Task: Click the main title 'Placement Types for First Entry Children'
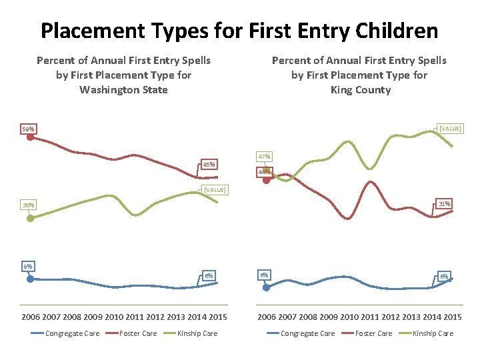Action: pyautogui.click(x=239, y=31)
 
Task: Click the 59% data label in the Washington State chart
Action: pyautogui.click(x=28, y=129)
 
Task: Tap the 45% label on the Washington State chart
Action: pyautogui.click(x=209, y=165)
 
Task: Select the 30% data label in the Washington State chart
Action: pyautogui.click(x=28, y=205)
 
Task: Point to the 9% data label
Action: pyautogui.click(x=27, y=267)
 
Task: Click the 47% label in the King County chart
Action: pyautogui.click(x=264, y=157)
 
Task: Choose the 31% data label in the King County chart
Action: pyautogui.click(x=444, y=203)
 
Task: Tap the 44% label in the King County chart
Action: pyautogui.click(x=264, y=172)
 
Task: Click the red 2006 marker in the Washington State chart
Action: pyautogui.click(x=30, y=138)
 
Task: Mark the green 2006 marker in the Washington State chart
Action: pyautogui.click(x=30, y=217)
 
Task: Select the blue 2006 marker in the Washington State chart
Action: pyautogui.click(x=30, y=279)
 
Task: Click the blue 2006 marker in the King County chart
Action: pyautogui.click(x=266, y=287)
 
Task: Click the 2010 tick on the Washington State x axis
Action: pyautogui.click(x=114, y=317)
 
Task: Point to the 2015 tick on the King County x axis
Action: pyautogui.click(x=453, y=317)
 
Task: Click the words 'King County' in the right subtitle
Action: pyautogui.click(x=360, y=90)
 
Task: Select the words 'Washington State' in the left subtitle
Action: pyautogui.click(x=123, y=90)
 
